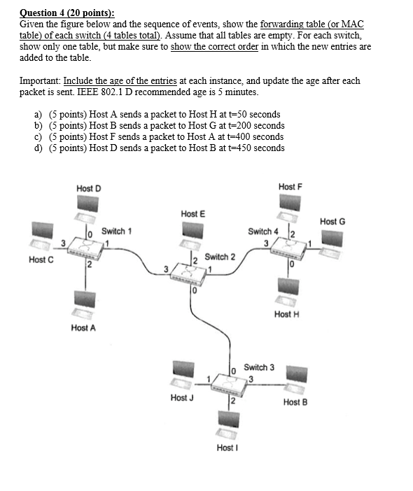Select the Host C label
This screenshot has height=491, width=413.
click(x=41, y=260)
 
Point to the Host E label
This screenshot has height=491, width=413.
click(x=192, y=213)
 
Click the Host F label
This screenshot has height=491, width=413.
click(x=290, y=187)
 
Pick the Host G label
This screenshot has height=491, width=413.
click(x=332, y=221)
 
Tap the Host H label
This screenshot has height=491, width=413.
click(x=287, y=314)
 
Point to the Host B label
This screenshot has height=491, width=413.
click(x=295, y=402)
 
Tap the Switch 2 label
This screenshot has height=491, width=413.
click(x=220, y=257)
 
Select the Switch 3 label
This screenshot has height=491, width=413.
click(x=259, y=367)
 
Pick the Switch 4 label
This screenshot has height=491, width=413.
click(x=263, y=231)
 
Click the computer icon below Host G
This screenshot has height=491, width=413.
click(x=332, y=238)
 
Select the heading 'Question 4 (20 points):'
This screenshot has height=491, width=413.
click(x=67, y=13)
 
